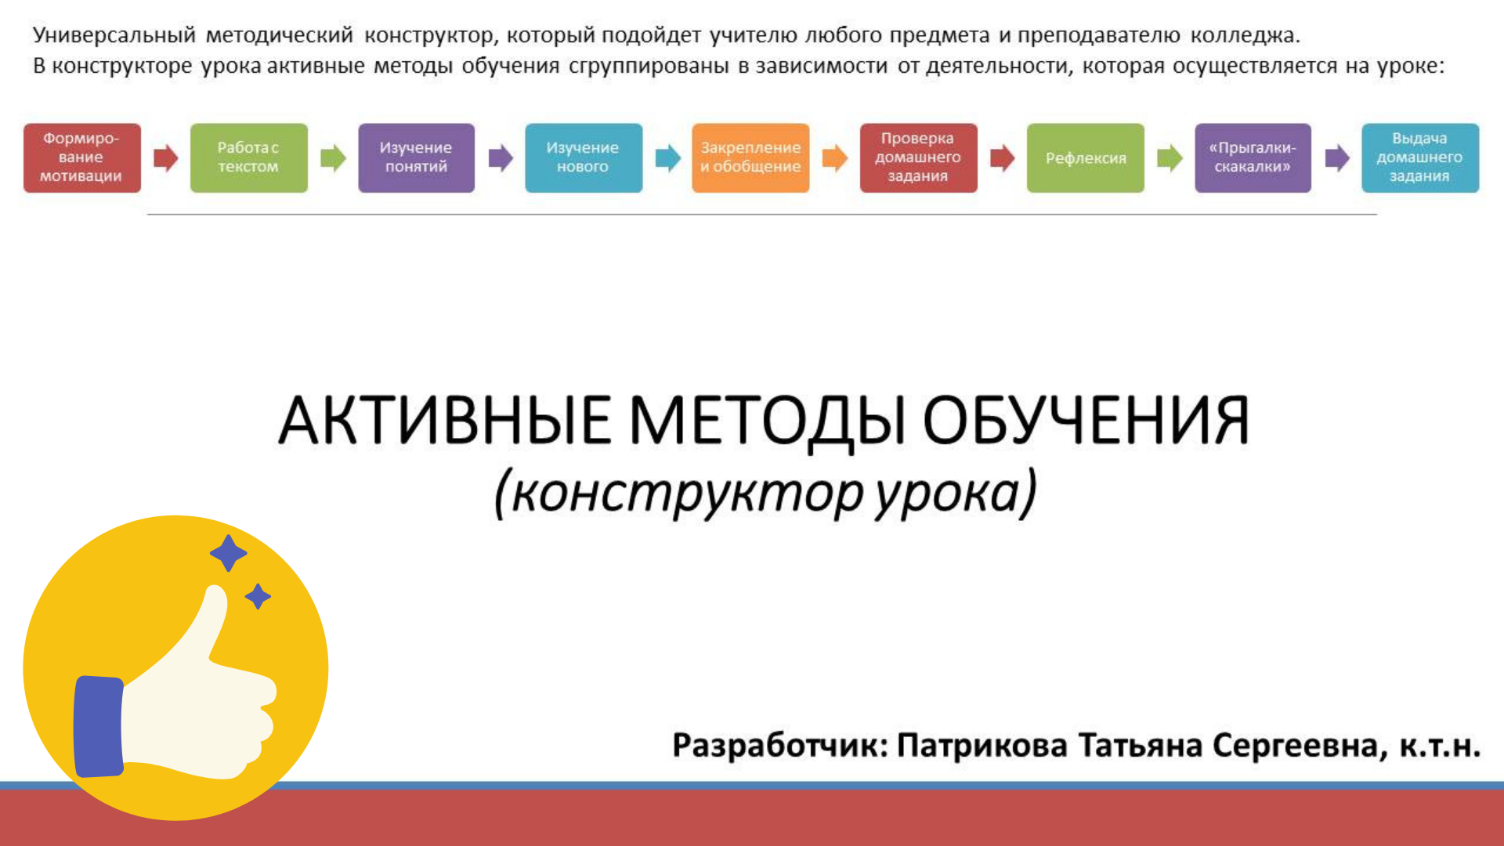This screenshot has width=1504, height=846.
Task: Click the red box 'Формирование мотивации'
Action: (x=82, y=157)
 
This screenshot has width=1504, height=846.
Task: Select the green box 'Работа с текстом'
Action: (x=249, y=157)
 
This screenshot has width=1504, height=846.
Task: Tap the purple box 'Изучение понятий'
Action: (x=417, y=157)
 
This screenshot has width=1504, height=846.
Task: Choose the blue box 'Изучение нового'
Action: (x=584, y=157)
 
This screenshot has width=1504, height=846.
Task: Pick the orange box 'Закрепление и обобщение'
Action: (x=750, y=157)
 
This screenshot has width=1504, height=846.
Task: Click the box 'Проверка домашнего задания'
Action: (x=919, y=157)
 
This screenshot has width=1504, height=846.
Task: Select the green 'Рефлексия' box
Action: (x=1086, y=157)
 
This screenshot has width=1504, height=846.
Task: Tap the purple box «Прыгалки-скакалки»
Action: (x=1253, y=157)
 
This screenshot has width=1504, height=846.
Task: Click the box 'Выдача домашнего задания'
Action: (x=1420, y=157)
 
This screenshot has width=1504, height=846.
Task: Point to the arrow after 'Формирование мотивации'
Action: (x=166, y=158)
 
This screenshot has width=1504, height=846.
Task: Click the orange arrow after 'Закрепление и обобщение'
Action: (x=835, y=158)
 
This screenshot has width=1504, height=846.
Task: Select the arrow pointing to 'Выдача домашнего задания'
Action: (x=1337, y=158)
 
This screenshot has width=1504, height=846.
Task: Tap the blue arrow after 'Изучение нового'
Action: (x=668, y=158)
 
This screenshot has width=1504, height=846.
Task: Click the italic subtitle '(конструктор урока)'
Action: (x=765, y=493)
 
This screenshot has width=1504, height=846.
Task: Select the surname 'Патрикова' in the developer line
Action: (x=982, y=745)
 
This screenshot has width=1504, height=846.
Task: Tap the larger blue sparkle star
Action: (x=229, y=553)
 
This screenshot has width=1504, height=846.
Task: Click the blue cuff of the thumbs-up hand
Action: (x=99, y=726)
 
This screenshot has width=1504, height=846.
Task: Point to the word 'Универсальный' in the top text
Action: (x=114, y=36)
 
